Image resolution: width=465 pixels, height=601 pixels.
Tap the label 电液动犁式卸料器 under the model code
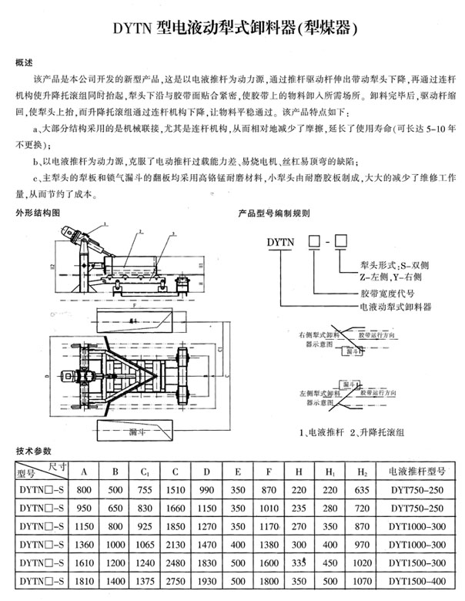396,307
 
